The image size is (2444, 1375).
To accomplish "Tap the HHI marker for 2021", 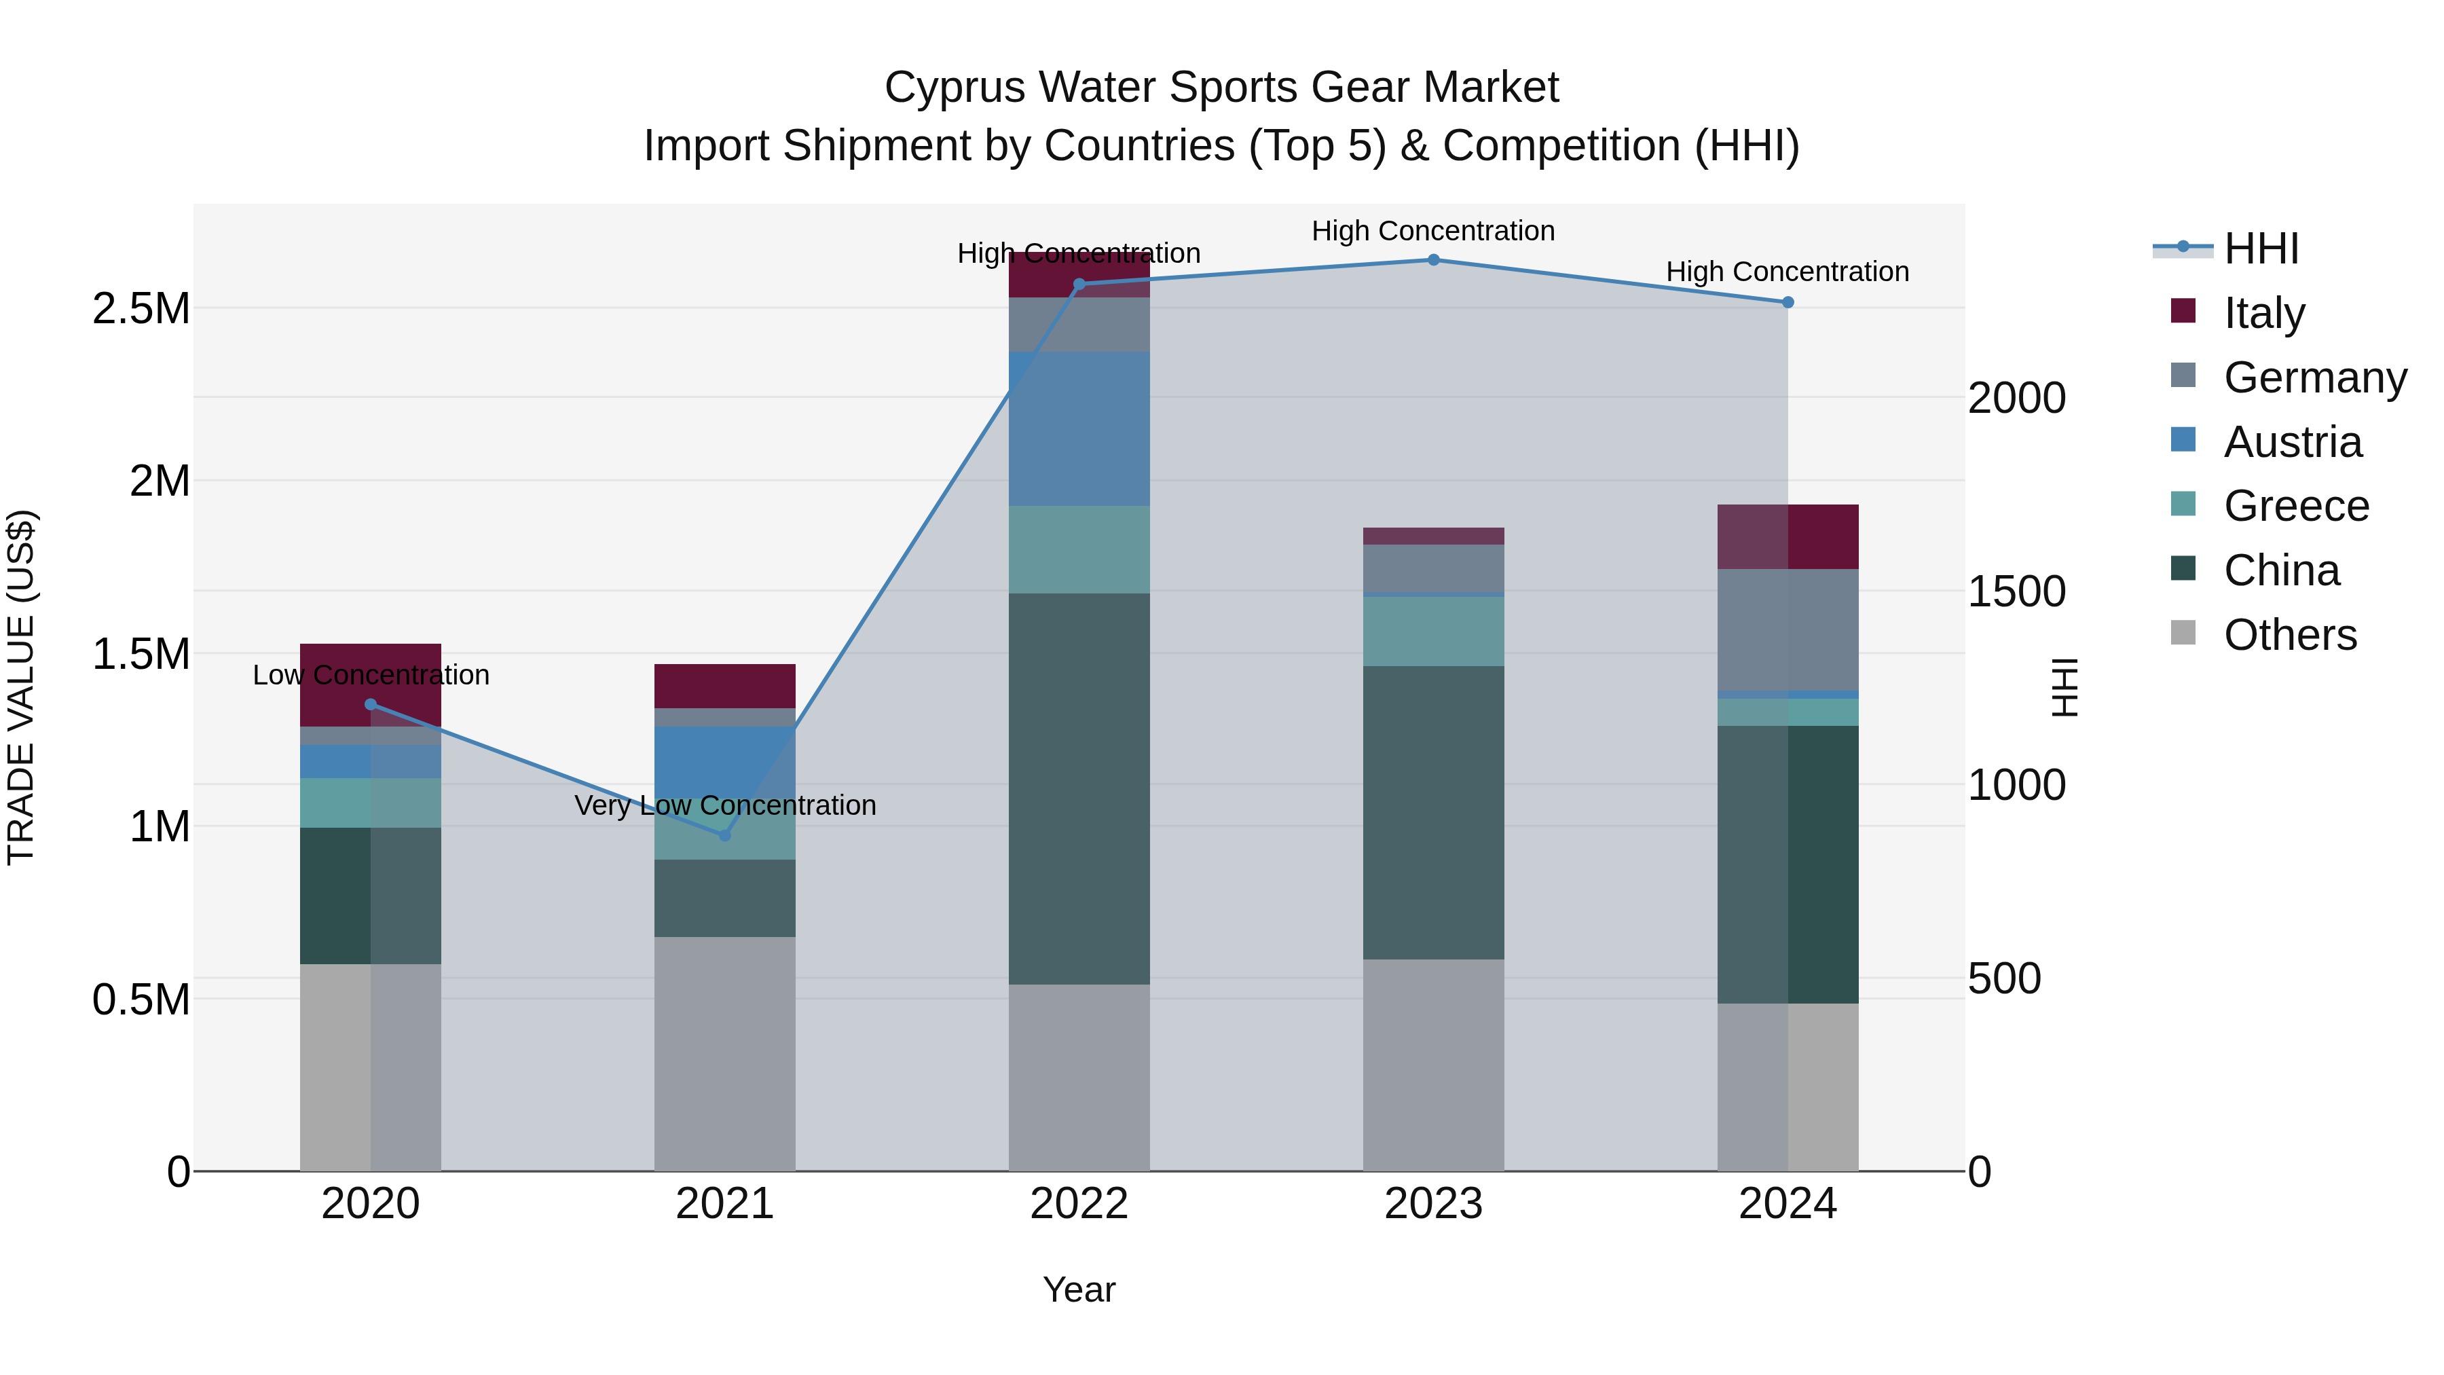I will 725,835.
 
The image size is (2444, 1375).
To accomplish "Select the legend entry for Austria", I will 2291,442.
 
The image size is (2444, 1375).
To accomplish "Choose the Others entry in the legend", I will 2289,635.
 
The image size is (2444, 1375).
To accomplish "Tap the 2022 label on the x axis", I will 1079,1204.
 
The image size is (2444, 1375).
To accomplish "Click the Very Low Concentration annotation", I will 725,805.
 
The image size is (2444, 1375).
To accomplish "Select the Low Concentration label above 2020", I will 371,675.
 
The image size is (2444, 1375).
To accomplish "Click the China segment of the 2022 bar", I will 1079,788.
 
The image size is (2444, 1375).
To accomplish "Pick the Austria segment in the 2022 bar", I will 1079,429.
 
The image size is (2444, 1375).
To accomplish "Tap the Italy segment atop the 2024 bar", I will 1788,536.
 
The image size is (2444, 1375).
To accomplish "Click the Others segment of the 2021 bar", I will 725,1053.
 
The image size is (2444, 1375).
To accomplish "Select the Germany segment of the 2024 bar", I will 1788,630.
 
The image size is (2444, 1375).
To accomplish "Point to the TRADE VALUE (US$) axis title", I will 21,687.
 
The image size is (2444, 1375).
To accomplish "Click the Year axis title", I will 1079,1289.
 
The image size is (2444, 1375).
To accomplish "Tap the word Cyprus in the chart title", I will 955,88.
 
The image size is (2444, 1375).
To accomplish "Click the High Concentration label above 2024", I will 1788,272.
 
